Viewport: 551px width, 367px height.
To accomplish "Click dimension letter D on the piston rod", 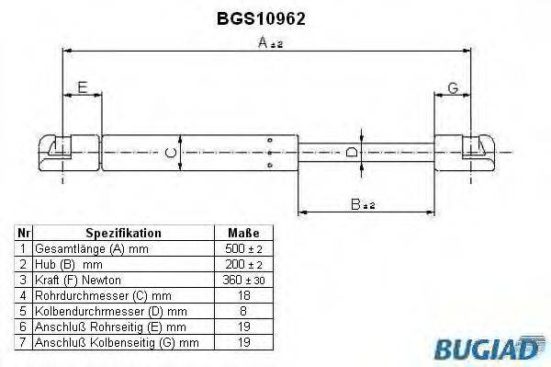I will pyautogui.click(x=352, y=152).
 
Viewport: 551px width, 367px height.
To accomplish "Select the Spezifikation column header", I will pyautogui.click(x=123, y=234).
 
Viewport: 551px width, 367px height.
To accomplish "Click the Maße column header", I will pyautogui.click(x=242, y=234).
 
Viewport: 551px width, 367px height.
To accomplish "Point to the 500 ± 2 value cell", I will pyautogui.click(x=242, y=249).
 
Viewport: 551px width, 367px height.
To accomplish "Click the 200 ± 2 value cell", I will pyautogui.click(x=242, y=264).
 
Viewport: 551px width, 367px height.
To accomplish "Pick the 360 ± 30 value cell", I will pyautogui.click(x=242, y=280).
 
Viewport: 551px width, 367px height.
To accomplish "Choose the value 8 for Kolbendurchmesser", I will pyautogui.click(x=242, y=311).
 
